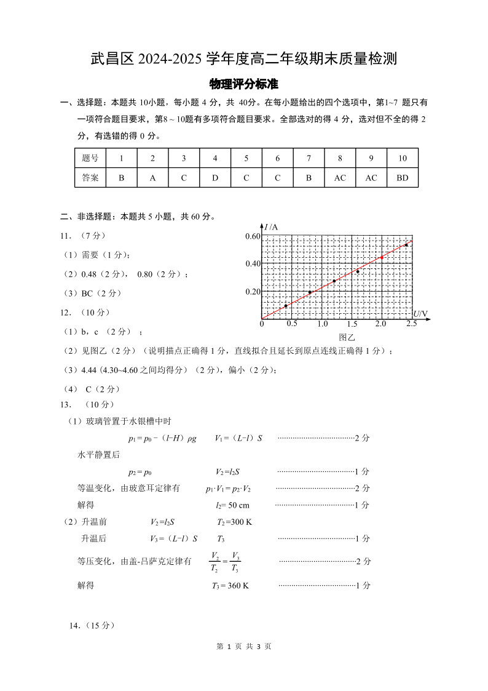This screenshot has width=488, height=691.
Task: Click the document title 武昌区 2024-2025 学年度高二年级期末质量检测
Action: coord(244,59)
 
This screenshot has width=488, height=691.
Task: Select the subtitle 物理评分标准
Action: coord(244,84)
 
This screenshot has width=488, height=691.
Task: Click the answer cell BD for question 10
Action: coord(403,178)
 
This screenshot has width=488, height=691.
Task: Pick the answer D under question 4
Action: coord(215,178)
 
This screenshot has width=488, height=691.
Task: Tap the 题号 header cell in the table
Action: coord(90,158)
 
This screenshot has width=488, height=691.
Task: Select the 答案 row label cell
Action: coord(90,178)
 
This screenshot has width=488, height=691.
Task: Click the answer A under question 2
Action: coord(152,178)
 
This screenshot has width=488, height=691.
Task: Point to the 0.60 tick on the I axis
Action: coord(253,236)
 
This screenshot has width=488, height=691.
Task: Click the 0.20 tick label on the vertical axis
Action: coord(253,292)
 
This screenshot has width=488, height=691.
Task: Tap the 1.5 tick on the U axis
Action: coord(352,324)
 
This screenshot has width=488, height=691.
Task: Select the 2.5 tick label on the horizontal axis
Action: coord(411,324)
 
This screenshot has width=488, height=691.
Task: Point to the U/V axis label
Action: coord(420,314)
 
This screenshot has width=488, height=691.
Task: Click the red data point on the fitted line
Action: coord(382,258)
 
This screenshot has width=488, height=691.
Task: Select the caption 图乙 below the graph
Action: coord(347,337)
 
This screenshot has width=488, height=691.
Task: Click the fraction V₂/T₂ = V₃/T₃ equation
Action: coord(226,562)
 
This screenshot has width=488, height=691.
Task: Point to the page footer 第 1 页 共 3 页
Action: coord(244,647)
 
